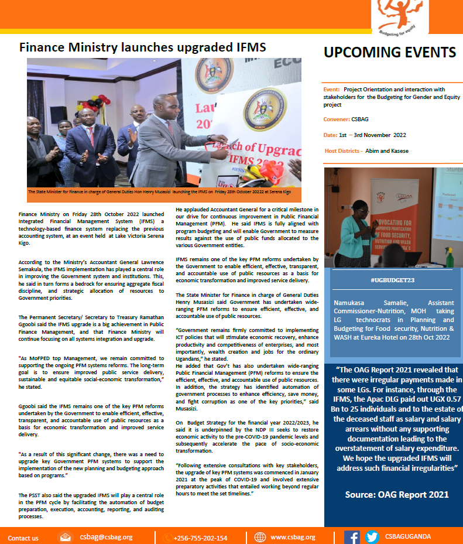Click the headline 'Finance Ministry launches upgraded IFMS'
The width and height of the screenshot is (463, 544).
142,47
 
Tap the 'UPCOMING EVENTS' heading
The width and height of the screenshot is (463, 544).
390,53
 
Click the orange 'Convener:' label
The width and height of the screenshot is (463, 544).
337,119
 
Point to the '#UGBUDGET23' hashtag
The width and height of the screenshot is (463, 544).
392,280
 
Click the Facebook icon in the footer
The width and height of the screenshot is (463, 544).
352,537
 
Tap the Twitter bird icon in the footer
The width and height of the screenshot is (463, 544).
372,537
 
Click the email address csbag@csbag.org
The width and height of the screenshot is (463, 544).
107,537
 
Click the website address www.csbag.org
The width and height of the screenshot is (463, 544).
293,537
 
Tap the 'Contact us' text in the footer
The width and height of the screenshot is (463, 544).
23,538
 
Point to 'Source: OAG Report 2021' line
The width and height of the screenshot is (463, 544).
397,494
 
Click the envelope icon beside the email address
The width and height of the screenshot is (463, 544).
66,537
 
